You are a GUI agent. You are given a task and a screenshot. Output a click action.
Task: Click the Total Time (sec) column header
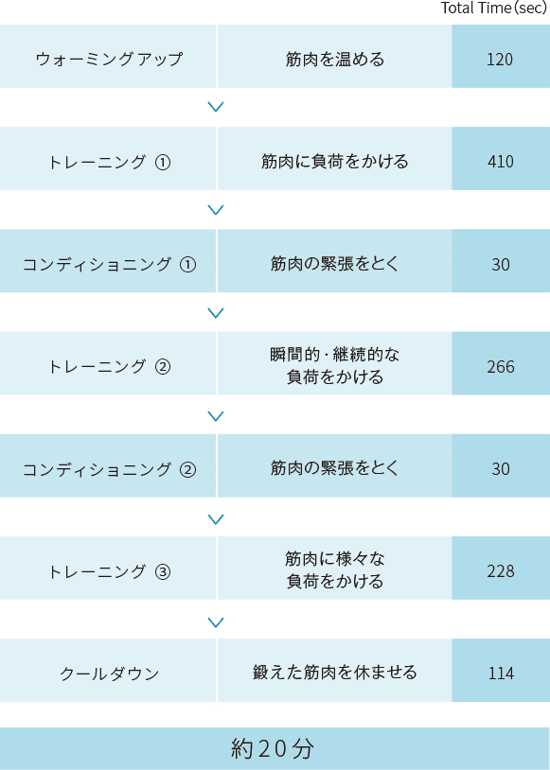coord(493,8)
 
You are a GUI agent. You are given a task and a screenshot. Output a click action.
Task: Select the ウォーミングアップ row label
coord(109,59)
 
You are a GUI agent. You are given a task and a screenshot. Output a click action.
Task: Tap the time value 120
coord(500,60)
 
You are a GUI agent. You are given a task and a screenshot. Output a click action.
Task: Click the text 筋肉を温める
coord(335,60)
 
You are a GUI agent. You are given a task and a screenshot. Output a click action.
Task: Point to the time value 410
coord(501,162)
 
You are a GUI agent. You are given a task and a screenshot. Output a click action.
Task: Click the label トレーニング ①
coord(109,162)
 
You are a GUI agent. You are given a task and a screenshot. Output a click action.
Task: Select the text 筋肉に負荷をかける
coord(335,162)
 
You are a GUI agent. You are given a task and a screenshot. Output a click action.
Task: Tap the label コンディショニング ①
coord(109,265)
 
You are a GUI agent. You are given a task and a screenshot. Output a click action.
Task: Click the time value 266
coord(501,367)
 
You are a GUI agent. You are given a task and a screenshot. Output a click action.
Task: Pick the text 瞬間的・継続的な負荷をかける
coord(335,366)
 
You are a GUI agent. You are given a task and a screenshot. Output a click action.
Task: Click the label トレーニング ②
coord(109,367)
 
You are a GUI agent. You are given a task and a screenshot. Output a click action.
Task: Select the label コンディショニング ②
coord(109,469)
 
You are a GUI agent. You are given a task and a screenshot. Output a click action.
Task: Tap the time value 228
coord(501,571)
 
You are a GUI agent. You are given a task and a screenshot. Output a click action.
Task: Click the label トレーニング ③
coord(109,571)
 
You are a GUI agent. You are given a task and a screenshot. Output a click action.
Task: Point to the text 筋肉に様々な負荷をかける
coord(335,570)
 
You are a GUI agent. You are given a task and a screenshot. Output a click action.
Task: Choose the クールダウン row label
coord(109,674)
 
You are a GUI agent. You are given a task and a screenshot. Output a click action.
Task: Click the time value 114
coord(501,674)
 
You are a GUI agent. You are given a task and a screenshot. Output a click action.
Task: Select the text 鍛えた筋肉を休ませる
coord(335,673)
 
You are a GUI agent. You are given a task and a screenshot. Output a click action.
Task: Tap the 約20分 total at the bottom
coord(273,749)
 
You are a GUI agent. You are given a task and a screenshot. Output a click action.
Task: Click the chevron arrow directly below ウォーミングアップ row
coord(216,107)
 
